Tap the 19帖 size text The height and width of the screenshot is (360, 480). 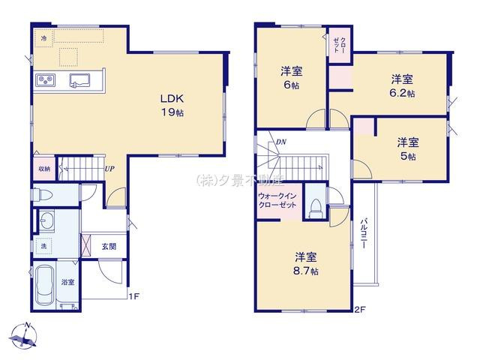click(x=169, y=112)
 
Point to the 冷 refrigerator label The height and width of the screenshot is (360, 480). click(x=43, y=37)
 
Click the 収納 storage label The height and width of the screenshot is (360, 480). click(x=44, y=169)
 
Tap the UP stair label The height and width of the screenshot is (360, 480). click(x=109, y=169)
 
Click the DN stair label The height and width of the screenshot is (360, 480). click(x=280, y=142)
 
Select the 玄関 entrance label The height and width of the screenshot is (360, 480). click(x=109, y=244)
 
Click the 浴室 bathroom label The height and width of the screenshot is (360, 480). click(x=67, y=282)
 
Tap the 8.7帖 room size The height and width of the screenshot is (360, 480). click(x=305, y=269)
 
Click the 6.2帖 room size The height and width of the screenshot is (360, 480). click(x=402, y=94)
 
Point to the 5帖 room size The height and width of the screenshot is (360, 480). click(x=407, y=156)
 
